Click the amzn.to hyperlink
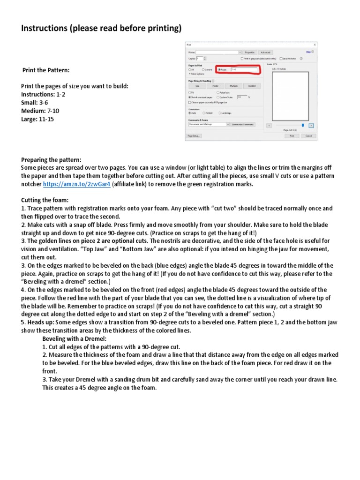(x=77, y=184)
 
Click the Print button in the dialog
(x=291, y=135)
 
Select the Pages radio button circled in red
(x=219, y=69)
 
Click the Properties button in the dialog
(x=249, y=52)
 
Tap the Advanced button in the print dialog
(x=265, y=52)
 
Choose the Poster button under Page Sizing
(x=215, y=86)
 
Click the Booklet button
(x=252, y=86)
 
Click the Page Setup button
(x=194, y=135)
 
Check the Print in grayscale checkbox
(x=242, y=59)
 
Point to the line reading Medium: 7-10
(x=40, y=111)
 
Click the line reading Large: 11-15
(x=37, y=119)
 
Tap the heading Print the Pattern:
(x=46, y=70)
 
